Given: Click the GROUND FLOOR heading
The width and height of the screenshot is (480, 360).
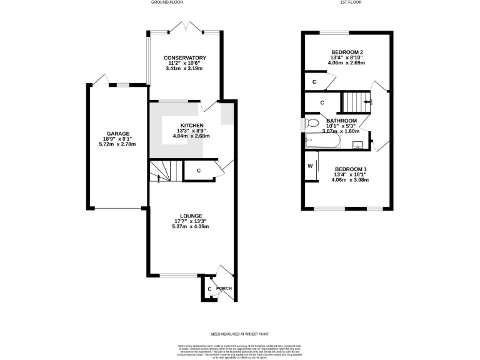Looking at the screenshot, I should [167, 2].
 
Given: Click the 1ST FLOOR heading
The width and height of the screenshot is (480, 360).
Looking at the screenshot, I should [351, 2].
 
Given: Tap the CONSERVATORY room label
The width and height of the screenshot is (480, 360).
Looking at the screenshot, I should [185, 57].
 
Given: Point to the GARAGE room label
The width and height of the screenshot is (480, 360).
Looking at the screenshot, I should [117, 133].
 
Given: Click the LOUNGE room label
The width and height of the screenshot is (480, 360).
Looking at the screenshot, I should [189, 216].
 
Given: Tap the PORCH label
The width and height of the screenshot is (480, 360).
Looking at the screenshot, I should [224, 288].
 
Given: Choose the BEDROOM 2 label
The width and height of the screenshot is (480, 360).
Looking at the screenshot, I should [348, 52].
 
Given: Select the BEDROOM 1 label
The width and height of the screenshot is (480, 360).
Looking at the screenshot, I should [351, 169].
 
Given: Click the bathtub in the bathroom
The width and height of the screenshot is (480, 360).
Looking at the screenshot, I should [322, 141].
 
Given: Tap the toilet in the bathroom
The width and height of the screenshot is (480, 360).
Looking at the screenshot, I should [312, 122].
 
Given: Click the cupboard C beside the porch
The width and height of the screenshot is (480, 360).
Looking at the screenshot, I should [209, 289].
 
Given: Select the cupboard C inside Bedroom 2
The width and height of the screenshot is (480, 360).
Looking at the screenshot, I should [314, 82].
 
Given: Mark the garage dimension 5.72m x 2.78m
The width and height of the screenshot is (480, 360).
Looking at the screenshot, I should [117, 144].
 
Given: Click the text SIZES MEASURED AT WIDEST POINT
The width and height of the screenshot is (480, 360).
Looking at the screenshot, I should [239, 334].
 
